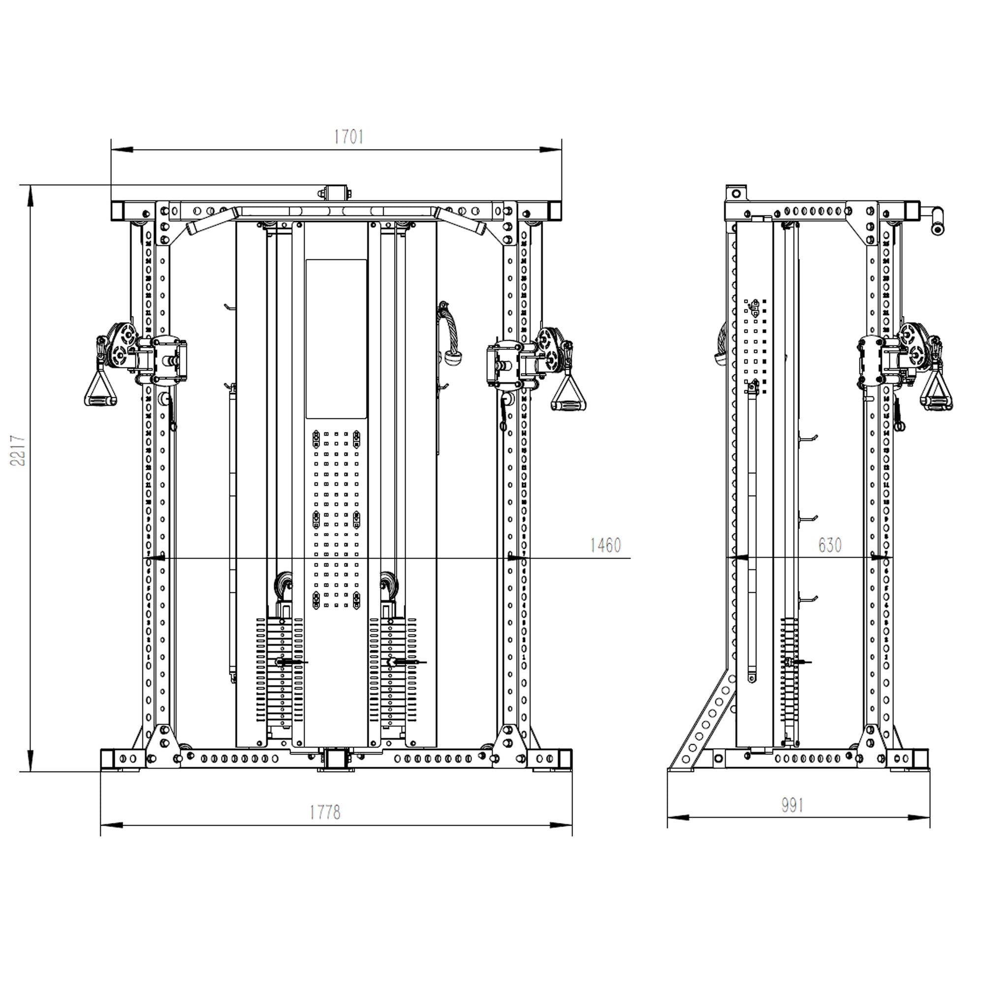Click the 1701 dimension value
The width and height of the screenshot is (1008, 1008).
(x=348, y=137)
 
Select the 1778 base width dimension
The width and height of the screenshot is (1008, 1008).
(x=324, y=812)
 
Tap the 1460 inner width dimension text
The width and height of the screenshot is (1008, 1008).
(x=605, y=545)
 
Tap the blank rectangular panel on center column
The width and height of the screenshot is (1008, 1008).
(x=336, y=339)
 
